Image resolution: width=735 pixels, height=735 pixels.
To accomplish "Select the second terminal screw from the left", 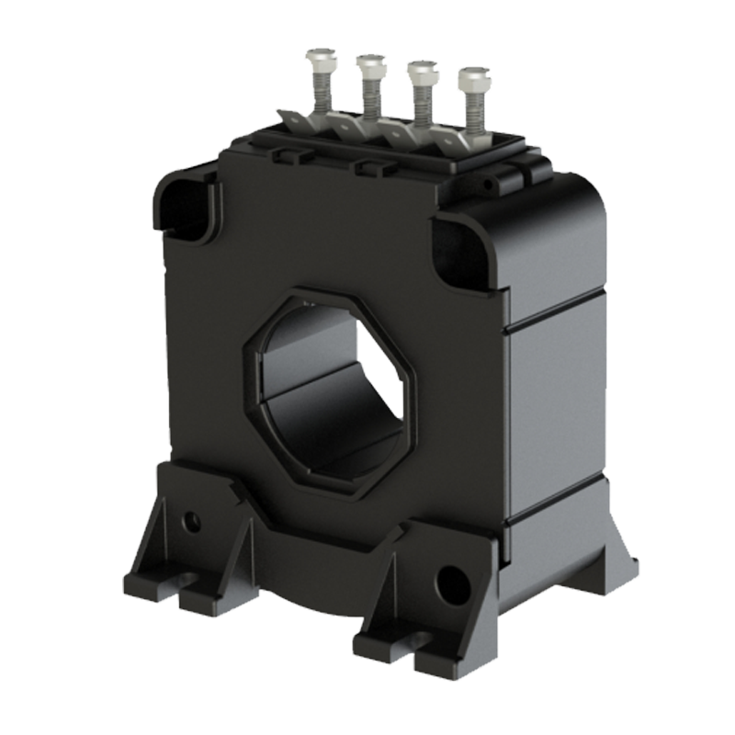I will point(370,64).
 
